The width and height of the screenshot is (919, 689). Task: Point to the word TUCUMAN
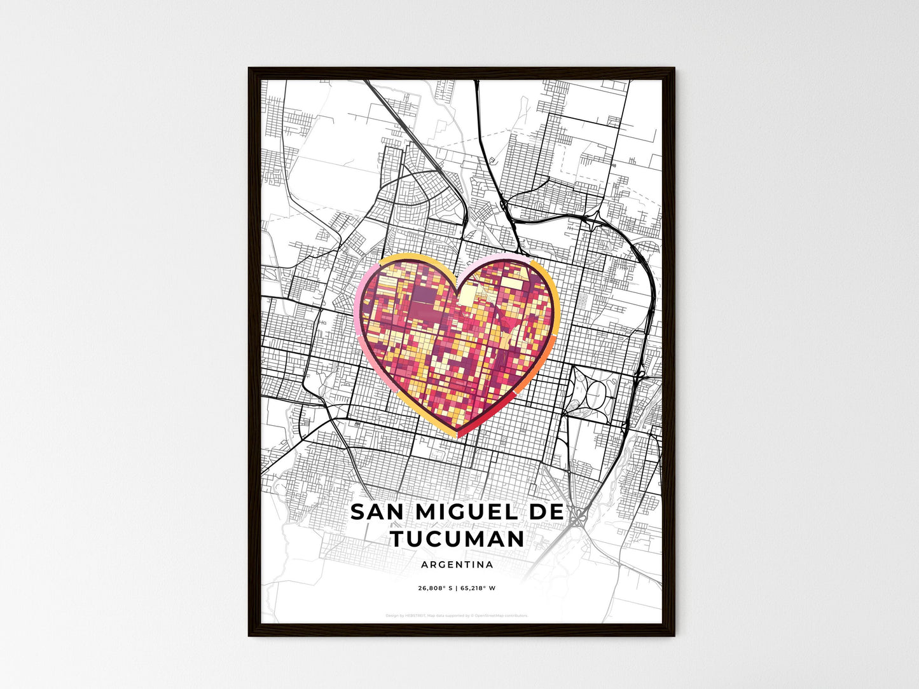pyautogui.click(x=457, y=539)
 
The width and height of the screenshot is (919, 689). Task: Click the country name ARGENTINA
pyautogui.click(x=457, y=564)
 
